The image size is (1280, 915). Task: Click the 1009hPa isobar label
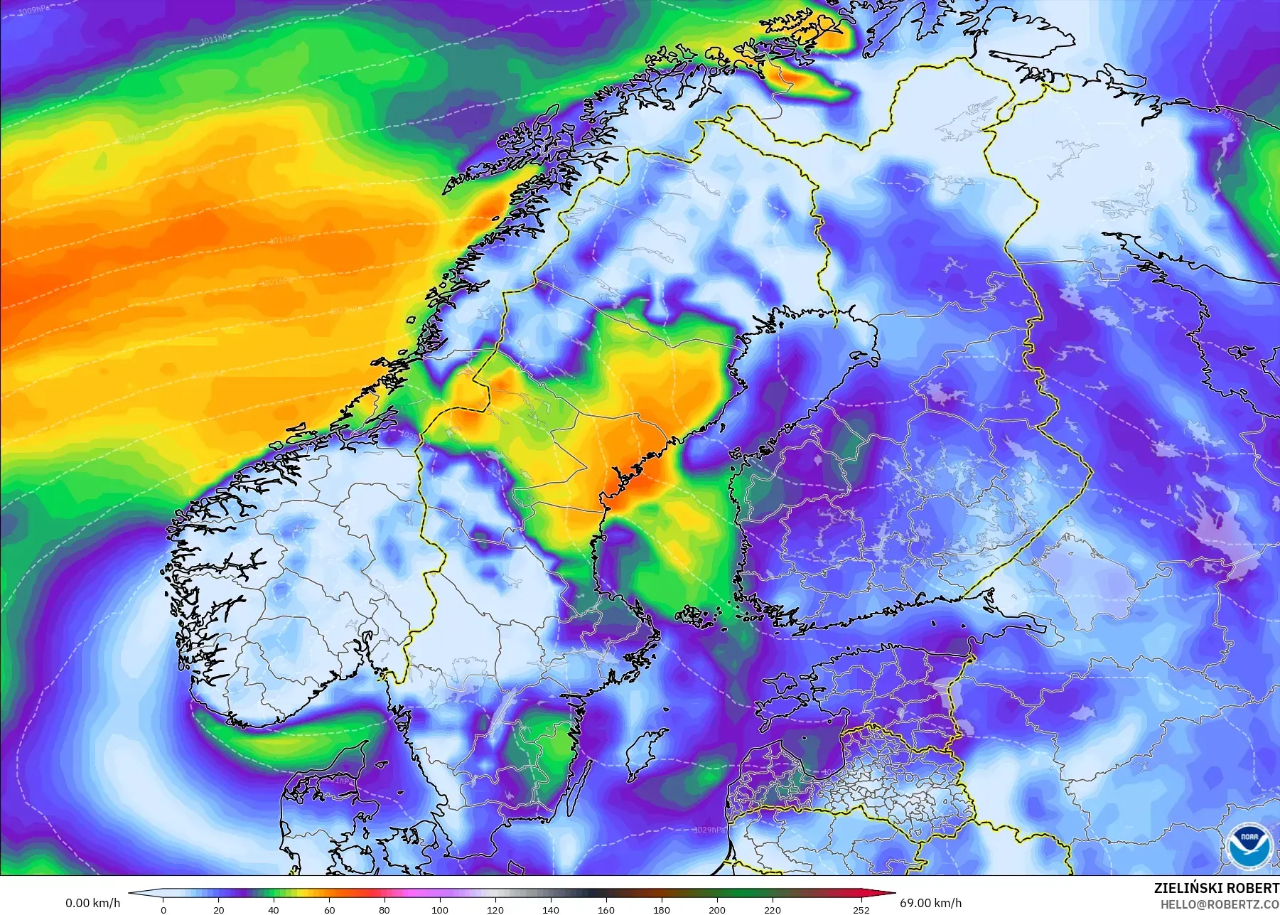pyautogui.click(x=31, y=11)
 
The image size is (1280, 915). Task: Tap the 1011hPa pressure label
pyautogui.click(x=215, y=40)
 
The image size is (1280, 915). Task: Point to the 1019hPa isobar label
pyautogui.click(x=284, y=240)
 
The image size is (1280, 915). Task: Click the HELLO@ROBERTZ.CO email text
pyautogui.click(x=1220, y=904)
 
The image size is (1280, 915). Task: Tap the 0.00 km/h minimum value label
pyautogui.click(x=92, y=904)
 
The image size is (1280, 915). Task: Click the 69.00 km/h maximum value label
pyautogui.click(x=930, y=904)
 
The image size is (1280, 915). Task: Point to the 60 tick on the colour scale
pyautogui.click(x=329, y=909)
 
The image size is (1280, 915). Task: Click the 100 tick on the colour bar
pyautogui.click(x=440, y=909)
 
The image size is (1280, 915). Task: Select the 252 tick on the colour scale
pyautogui.click(x=861, y=909)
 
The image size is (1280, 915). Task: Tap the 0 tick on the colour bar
pyautogui.click(x=163, y=909)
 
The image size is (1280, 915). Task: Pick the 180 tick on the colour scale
pyautogui.click(x=662, y=909)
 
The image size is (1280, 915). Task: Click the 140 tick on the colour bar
pyautogui.click(x=551, y=909)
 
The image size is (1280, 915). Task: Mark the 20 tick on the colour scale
pyautogui.click(x=219, y=909)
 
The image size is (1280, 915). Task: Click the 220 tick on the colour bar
pyautogui.click(x=773, y=909)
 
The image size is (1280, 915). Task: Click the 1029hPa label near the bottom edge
pyautogui.click(x=710, y=830)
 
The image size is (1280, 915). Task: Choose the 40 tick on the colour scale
pyautogui.click(x=274, y=909)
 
